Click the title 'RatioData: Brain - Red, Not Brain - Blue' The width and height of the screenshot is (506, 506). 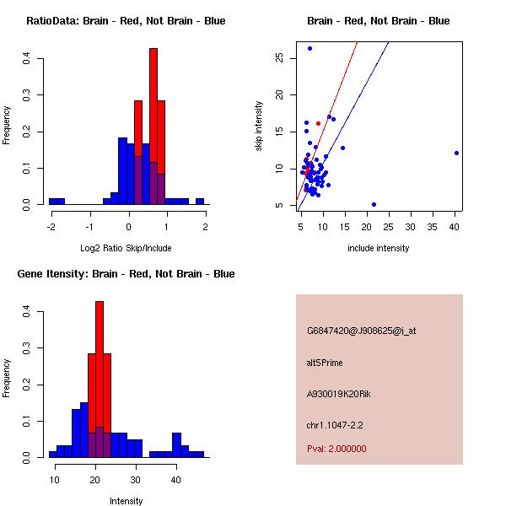coord(126,21)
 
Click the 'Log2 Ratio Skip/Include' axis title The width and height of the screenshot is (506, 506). coord(126,249)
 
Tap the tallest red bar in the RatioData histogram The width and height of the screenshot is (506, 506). coord(153,126)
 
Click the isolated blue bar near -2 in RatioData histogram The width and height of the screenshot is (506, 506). coord(57,202)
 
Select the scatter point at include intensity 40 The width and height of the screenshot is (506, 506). coord(456,153)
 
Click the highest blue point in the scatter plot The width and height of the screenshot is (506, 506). coord(310,48)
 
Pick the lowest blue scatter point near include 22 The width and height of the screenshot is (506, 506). coord(374,204)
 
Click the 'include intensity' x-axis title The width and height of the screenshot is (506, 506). coord(378,249)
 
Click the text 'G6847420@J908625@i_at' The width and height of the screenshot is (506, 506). coord(361,331)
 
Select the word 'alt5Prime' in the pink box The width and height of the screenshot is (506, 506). coord(325,363)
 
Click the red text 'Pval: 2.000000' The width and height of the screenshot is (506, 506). coord(336,449)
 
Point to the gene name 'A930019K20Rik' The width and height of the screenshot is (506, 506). coord(337,394)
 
